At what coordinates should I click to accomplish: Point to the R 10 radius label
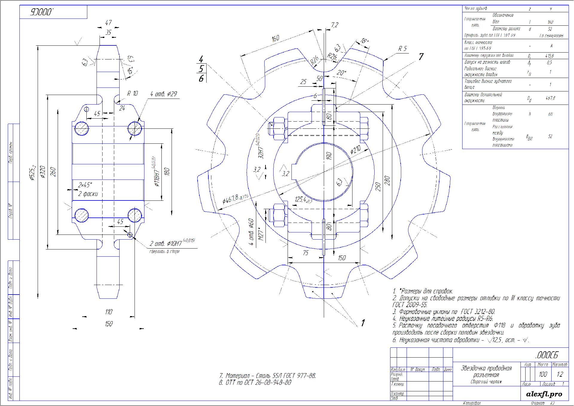click(x=132, y=93)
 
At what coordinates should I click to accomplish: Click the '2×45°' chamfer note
click(x=85, y=185)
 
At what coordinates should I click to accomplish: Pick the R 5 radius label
click(x=402, y=49)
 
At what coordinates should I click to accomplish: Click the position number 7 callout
click(x=421, y=56)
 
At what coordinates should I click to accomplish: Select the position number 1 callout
click(x=363, y=323)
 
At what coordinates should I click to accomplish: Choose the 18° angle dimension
click(x=364, y=41)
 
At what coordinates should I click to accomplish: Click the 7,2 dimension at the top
click(x=335, y=25)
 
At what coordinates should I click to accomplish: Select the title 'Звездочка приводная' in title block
click(x=486, y=368)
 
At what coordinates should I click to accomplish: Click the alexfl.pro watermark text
click(x=544, y=394)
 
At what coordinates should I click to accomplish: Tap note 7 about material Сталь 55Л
click(x=268, y=376)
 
